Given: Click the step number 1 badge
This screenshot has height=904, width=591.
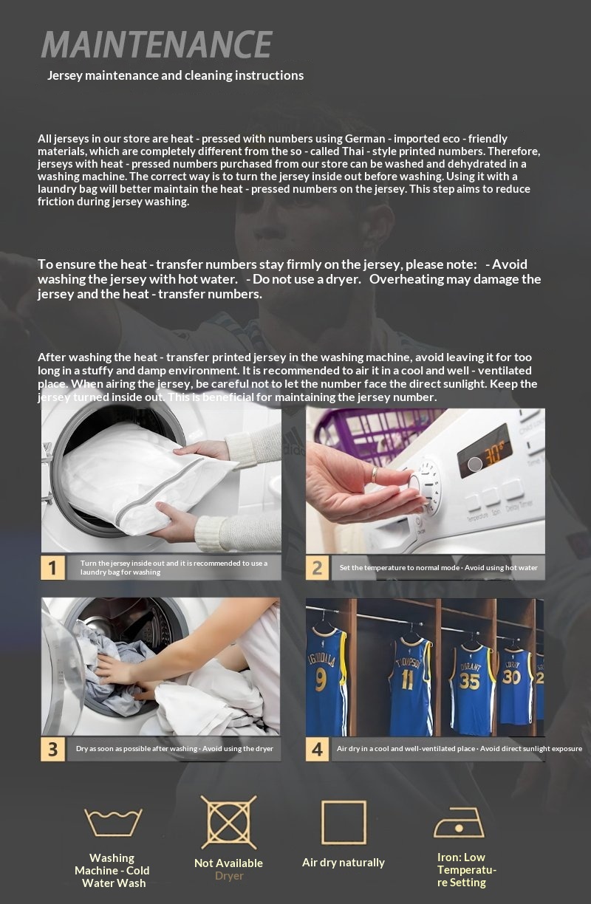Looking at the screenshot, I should (52, 567).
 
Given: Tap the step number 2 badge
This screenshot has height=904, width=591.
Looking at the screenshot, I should (317, 567).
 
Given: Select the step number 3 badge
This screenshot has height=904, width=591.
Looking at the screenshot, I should (52, 749).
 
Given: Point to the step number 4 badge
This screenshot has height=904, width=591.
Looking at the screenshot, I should (317, 749).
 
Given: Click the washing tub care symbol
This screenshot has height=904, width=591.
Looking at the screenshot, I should (112, 822).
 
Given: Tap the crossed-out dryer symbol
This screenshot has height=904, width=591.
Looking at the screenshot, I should (228, 822).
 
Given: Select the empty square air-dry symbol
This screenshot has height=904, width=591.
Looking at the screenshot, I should (344, 822).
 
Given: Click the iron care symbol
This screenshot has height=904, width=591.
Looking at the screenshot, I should (459, 822).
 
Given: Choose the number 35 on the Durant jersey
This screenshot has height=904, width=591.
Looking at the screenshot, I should (469, 680).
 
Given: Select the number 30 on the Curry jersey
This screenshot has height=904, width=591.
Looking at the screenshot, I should (512, 677).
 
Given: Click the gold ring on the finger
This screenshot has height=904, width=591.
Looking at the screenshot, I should (375, 473).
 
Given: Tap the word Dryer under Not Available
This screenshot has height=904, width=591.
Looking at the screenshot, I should (228, 876).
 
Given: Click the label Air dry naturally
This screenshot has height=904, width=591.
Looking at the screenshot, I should (344, 862).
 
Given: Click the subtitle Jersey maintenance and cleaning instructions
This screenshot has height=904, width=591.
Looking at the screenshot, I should (175, 75).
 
